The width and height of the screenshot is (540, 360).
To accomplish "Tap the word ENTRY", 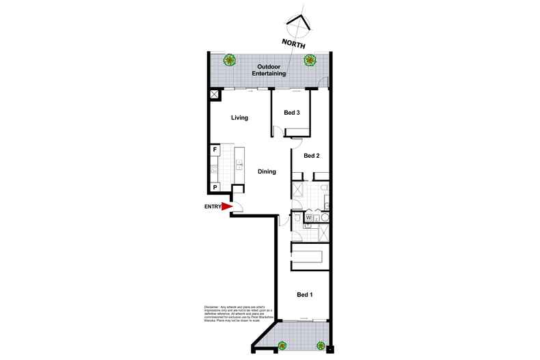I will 213,206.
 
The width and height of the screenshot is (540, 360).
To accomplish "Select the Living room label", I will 239,118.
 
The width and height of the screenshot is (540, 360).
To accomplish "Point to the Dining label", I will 267,171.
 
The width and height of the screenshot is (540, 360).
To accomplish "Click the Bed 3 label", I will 292,113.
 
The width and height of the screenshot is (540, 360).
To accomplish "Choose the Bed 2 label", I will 312,156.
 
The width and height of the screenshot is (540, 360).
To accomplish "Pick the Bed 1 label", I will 305,294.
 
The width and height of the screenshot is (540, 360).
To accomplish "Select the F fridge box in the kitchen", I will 215,150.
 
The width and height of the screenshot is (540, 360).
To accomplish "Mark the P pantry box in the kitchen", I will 215,187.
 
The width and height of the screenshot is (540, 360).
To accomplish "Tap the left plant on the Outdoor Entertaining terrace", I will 230,59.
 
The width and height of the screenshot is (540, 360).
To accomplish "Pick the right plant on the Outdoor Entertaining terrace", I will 310,59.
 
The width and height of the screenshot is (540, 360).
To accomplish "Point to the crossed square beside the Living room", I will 215,95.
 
